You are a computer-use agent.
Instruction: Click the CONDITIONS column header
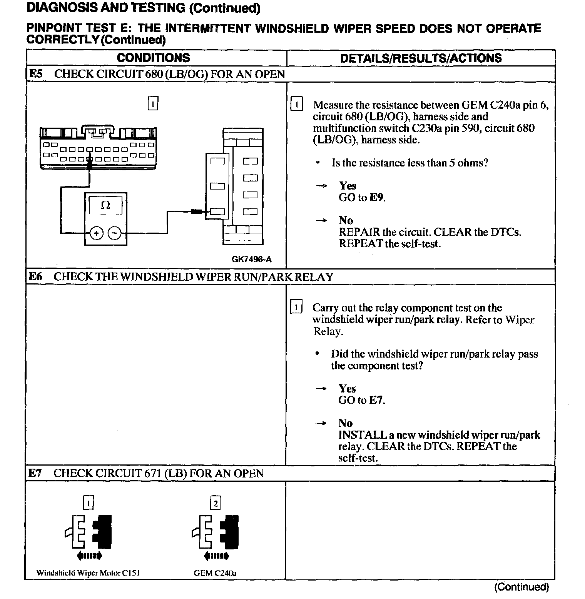click(x=153, y=58)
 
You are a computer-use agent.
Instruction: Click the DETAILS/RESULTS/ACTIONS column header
click(x=421, y=58)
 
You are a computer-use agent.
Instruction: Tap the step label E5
click(x=35, y=74)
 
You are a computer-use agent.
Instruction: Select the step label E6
click(x=35, y=276)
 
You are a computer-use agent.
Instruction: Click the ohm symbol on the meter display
click(x=105, y=206)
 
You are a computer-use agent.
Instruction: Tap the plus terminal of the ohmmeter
click(x=96, y=233)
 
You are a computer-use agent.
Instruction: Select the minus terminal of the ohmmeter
click(x=114, y=233)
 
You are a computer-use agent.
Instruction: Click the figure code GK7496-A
click(x=251, y=260)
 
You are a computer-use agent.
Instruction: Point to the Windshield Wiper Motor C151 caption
click(x=88, y=573)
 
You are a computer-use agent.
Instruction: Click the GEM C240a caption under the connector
click(x=215, y=573)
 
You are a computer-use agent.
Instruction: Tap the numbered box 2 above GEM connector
click(x=216, y=503)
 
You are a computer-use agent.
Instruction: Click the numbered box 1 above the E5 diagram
click(x=153, y=104)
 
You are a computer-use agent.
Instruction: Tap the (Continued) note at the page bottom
click(x=521, y=587)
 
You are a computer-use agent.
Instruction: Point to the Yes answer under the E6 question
click(x=347, y=388)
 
